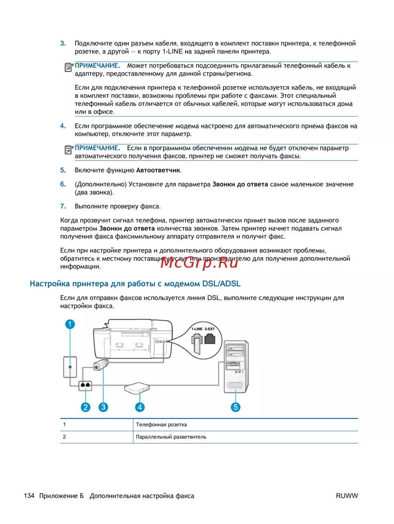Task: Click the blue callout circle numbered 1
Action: (x=70, y=324)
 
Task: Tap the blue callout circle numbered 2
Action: (x=85, y=407)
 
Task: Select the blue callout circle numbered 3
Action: (x=103, y=407)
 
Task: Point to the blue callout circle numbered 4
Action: (x=139, y=407)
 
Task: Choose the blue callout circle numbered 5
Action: (x=236, y=407)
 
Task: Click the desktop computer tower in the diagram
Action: (x=236, y=366)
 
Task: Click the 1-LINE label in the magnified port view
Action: (x=197, y=329)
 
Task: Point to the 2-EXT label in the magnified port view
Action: (x=210, y=329)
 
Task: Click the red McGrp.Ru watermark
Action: (x=199, y=262)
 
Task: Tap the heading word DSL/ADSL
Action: (x=221, y=284)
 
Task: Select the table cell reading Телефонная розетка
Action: (x=162, y=425)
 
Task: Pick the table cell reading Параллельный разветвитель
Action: (x=171, y=437)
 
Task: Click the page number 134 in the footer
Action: (x=29, y=496)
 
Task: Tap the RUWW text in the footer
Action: (x=347, y=496)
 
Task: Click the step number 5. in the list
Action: (x=63, y=170)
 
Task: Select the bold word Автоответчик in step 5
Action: (x=158, y=170)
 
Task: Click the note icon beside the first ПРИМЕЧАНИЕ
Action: (x=69, y=67)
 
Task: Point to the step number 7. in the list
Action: (x=63, y=206)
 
